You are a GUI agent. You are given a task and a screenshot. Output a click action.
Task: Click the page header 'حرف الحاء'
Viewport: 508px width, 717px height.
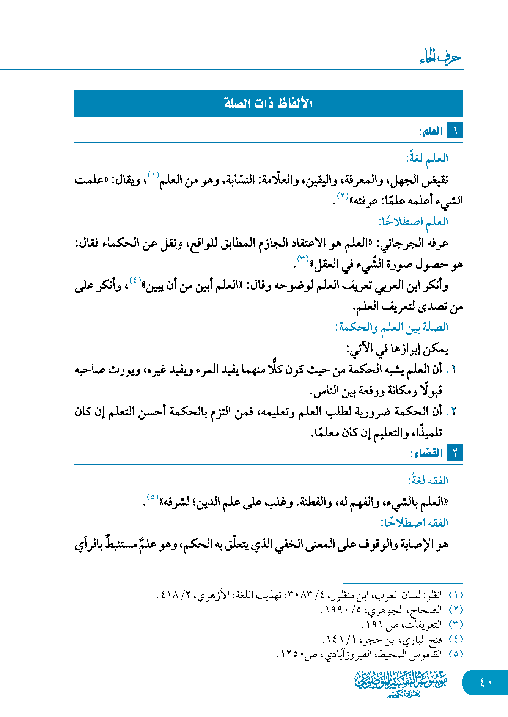[440, 57]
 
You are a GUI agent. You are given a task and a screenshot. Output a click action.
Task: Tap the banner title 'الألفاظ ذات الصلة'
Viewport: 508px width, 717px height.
[268, 103]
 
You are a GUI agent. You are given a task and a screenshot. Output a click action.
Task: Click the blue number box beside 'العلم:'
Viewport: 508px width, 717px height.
[455, 131]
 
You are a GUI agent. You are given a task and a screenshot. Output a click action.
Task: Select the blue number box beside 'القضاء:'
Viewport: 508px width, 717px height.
[455, 453]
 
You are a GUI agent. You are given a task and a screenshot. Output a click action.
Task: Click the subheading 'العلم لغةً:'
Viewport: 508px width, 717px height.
[427, 158]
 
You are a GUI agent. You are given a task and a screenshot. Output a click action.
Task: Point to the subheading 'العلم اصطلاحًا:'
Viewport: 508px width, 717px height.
[413, 221]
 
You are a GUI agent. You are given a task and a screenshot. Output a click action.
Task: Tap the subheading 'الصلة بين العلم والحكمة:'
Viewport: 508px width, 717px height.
[392, 327]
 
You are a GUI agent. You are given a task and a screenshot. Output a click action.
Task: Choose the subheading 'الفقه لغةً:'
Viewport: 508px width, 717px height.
[428, 480]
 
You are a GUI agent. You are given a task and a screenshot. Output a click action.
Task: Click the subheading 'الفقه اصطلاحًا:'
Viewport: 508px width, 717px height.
[414, 522]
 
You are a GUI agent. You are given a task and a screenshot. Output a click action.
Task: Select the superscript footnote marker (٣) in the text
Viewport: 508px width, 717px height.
[303, 259]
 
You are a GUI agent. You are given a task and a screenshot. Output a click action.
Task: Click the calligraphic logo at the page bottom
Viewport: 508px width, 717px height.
[401, 683]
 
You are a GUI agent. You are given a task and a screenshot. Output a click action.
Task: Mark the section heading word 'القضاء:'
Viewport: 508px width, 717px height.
[426, 453]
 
